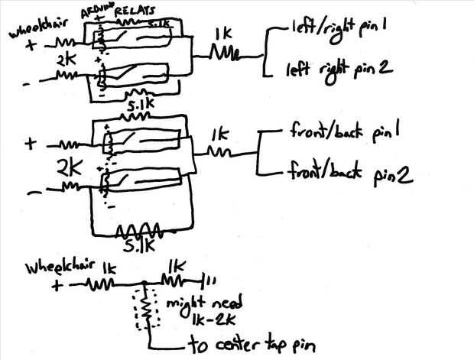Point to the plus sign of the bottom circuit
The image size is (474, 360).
coord(55,287)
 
